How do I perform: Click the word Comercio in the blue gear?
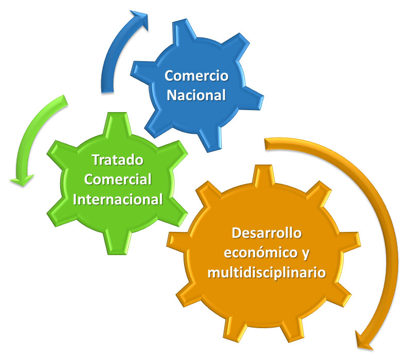196,76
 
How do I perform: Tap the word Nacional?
196,95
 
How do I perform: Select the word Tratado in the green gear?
117,160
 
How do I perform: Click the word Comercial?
118,179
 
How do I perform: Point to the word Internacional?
118,199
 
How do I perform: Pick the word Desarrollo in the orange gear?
267,233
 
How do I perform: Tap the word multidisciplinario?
267,272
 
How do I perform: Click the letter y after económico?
306,254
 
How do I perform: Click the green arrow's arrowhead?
22,181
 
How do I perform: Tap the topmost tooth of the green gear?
118,123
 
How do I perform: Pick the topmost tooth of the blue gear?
184,29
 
